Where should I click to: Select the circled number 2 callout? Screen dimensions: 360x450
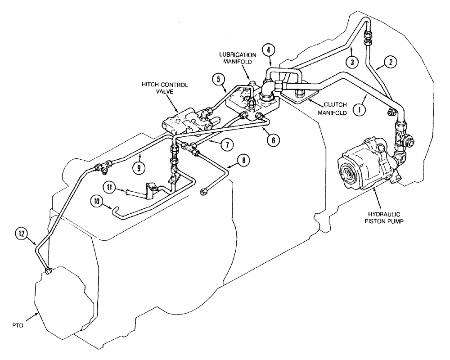391,63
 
